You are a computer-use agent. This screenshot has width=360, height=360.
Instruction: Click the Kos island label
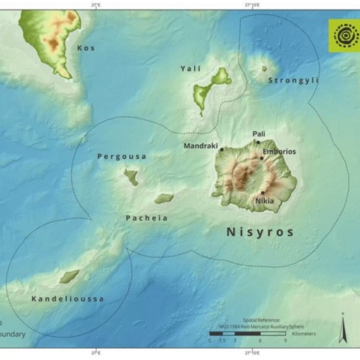(86, 48)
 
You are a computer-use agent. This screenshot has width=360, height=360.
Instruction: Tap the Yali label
(190, 69)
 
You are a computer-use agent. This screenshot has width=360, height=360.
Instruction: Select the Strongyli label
(293, 80)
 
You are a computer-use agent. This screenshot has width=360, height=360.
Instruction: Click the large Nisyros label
(260, 232)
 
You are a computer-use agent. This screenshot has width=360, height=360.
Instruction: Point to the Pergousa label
(121, 157)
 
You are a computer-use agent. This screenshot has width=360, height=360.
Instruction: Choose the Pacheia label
(145, 218)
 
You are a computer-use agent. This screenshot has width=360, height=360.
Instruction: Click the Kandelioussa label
(67, 299)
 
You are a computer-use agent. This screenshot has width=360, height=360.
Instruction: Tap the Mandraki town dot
(222, 149)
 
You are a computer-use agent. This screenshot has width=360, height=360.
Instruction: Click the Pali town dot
(258, 142)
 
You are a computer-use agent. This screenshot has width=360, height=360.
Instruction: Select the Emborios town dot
(262, 157)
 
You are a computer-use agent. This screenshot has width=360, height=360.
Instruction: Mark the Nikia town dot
(262, 193)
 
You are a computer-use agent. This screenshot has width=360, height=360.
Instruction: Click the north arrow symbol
(343, 327)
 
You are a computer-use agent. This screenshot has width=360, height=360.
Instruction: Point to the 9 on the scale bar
(284, 340)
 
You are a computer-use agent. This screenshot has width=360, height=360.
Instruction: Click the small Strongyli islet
(264, 69)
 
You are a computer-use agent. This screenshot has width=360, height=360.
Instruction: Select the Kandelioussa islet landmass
(69, 277)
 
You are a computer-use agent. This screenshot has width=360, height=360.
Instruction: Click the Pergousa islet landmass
(131, 177)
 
